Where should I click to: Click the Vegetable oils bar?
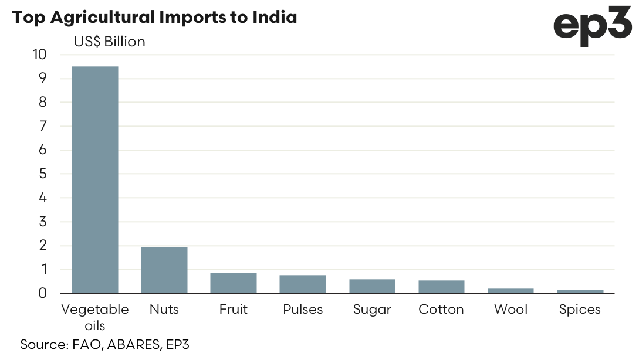[x=94, y=179]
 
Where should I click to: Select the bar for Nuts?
[x=164, y=270]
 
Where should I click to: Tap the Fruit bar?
[x=233, y=283]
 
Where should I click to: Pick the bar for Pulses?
[x=302, y=284]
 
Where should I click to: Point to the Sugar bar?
[x=372, y=286]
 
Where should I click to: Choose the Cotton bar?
[x=441, y=287]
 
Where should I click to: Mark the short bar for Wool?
[x=510, y=290]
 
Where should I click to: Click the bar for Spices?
[x=580, y=291]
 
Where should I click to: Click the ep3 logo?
[x=592, y=28]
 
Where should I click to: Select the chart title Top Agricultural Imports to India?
[x=154, y=17]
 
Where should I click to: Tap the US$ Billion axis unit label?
[x=109, y=42]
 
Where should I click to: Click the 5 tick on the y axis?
[x=42, y=174]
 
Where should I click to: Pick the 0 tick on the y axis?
[x=42, y=293]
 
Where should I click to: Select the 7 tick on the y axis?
[x=42, y=126]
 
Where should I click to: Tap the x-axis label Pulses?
[x=302, y=309]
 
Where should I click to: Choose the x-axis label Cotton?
[x=441, y=309]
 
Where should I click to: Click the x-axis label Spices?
[x=580, y=310]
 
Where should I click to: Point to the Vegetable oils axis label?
[x=94, y=316]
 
